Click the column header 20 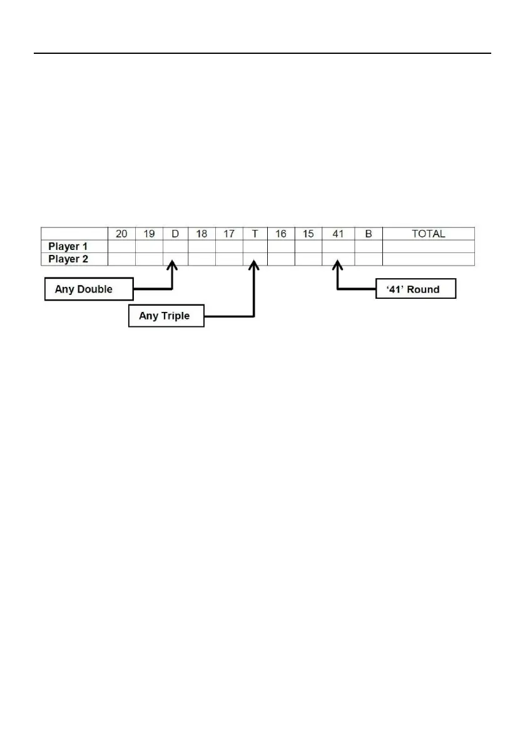coord(121,234)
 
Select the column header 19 coord(149,234)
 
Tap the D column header coord(175,234)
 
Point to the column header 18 coord(201,234)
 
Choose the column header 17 coord(229,234)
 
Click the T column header coord(255,234)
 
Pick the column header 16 coord(281,234)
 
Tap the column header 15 coord(308,234)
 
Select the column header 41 coord(338,234)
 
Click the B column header coord(368,234)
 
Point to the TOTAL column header coord(428,234)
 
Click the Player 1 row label coord(68,247)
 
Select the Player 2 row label coord(68,259)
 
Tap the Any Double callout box coord(88,289)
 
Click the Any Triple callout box coord(166,316)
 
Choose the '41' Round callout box coord(415,289)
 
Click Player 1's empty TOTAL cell coord(428,247)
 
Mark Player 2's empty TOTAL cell coord(428,259)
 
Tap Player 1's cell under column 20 coord(121,247)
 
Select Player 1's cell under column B coord(368,247)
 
